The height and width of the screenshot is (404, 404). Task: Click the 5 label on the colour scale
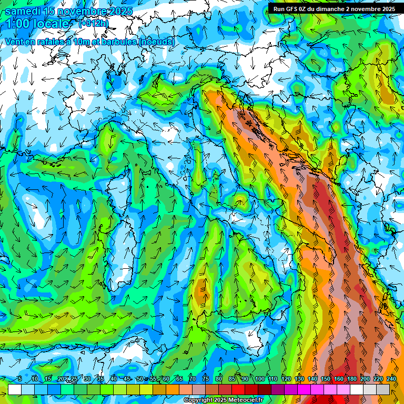(20, 379)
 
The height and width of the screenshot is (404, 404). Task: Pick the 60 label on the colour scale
(166, 379)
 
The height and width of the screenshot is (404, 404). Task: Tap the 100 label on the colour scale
(259, 379)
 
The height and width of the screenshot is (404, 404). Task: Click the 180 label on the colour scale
(351, 379)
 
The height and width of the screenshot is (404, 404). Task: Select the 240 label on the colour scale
(391, 379)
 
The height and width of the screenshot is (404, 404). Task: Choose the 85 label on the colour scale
(232, 379)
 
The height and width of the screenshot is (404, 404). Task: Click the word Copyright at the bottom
(198, 400)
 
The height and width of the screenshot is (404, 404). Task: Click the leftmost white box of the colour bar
(15, 389)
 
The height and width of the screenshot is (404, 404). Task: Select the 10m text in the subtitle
(77, 42)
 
